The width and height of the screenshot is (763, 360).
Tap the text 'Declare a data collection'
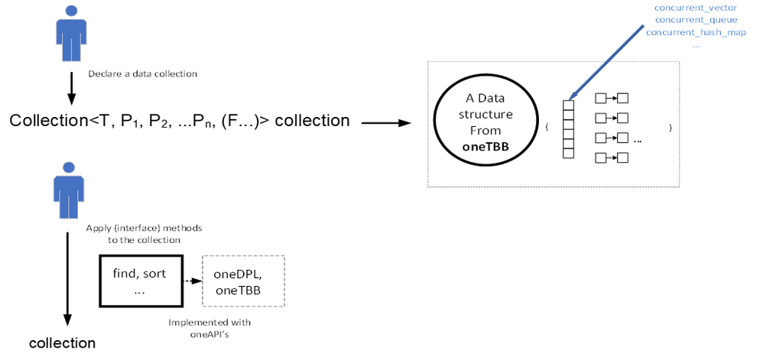pos(142,74)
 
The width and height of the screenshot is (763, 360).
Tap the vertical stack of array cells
pos(567,128)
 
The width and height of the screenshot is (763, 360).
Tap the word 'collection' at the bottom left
pos(62,343)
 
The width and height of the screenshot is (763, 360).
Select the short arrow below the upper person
pos(70,87)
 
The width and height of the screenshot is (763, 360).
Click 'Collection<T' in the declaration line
pos(47,121)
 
